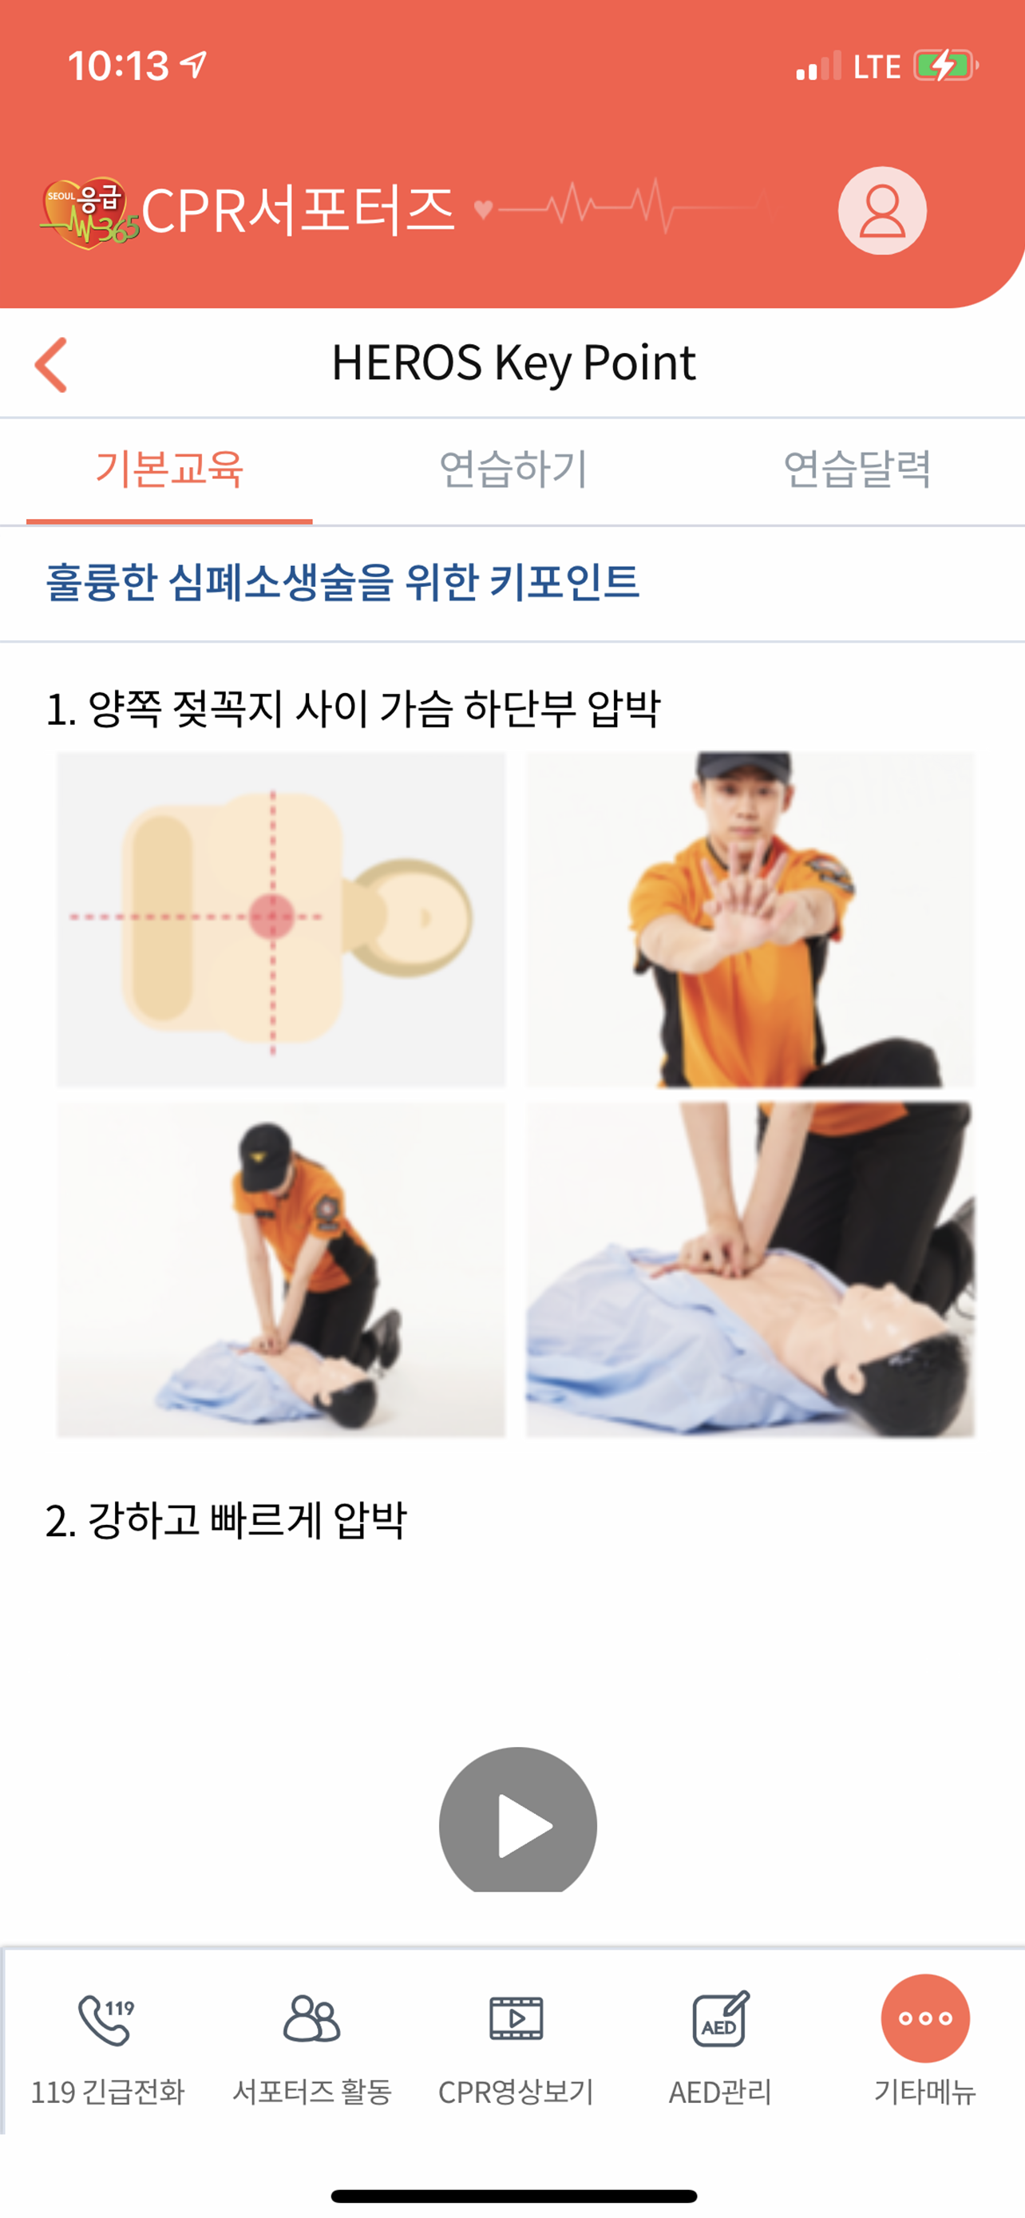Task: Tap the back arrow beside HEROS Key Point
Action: (x=51, y=365)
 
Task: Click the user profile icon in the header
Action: (x=882, y=211)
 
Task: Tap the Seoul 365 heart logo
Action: (x=88, y=212)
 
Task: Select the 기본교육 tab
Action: (x=169, y=469)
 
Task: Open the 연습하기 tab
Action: (x=513, y=469)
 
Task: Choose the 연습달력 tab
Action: (x=857, y=469)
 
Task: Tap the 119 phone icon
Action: (x=107, y=2019)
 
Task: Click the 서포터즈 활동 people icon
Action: (x=311, y=2018)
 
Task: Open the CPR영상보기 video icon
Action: (x=516, y=2018)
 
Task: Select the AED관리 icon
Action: (x=721, y=2018)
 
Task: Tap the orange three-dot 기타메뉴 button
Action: (x=925, y=2018)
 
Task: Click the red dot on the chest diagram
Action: (x=272, y=916)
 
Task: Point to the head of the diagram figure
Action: (x=411, y=917)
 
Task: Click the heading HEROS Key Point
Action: (x=513, y=362)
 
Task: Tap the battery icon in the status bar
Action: (x=946, y=65)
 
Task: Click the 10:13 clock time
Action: (x=118, y=66)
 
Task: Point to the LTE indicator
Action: (x=877, y=66)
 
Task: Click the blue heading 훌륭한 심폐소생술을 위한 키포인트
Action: (x=342, y=582)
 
